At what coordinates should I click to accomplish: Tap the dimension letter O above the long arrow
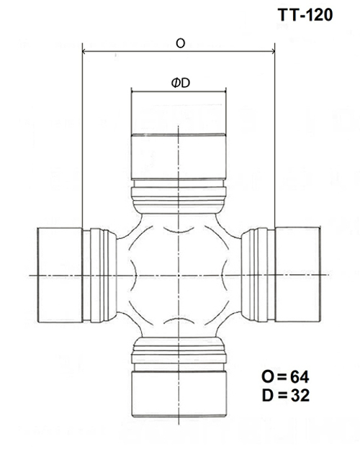179,43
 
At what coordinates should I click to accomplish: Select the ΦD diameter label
179,83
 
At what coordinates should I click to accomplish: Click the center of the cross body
179,275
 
